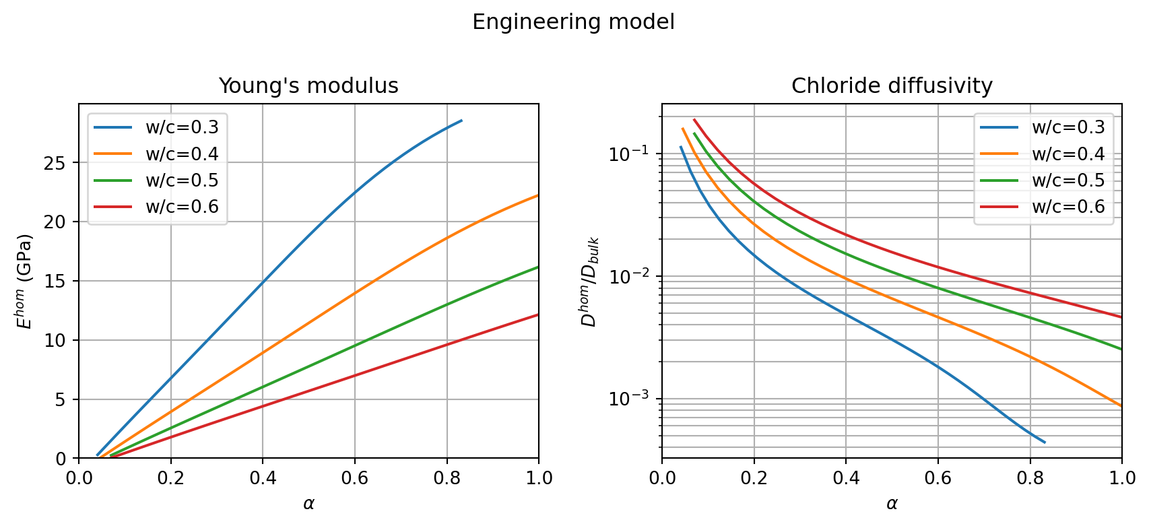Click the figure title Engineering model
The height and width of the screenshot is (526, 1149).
click(x=573, y=22)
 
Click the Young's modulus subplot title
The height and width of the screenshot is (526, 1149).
click(x=308, y=86)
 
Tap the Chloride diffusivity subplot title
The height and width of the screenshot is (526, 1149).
click(x=892, y=86)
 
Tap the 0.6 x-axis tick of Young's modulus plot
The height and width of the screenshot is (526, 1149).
click(x=355, y=478)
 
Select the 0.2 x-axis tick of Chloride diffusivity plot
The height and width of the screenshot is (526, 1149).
click(x=754, y=478)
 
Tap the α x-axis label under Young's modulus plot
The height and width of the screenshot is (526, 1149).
click(x=308, y=504)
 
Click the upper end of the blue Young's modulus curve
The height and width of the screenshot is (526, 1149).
click(x=461, y=121)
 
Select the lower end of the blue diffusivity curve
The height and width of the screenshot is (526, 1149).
click(x=1045, y=442)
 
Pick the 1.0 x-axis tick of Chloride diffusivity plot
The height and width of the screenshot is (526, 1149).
click(x=1122, y=478)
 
